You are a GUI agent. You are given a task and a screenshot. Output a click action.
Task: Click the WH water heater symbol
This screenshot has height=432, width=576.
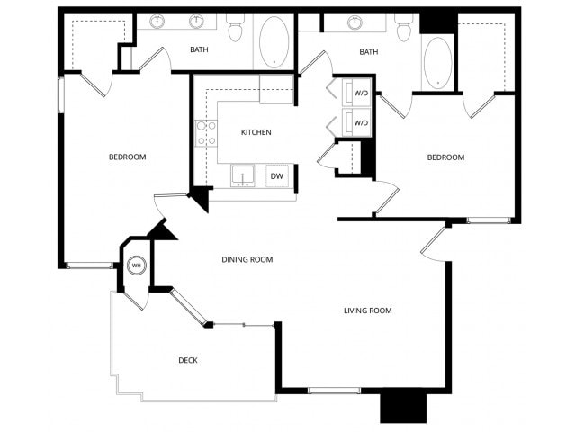tap(137, 265)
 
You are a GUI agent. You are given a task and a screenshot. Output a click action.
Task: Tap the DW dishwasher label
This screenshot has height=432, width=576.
tap(277, 176)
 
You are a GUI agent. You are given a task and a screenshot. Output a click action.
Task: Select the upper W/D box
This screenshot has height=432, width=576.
tap(360, 94)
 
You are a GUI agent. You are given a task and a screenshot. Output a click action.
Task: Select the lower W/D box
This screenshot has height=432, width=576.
tap(360, 122)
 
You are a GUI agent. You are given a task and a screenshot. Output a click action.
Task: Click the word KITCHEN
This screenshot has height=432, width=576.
tap(256, 132)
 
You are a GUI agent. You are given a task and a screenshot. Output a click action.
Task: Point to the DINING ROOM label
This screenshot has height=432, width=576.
tap(247, 260)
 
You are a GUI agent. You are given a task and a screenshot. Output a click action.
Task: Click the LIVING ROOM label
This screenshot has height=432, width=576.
tap(368, 310)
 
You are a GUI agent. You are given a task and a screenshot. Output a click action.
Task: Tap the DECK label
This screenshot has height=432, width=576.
tap(188, 361)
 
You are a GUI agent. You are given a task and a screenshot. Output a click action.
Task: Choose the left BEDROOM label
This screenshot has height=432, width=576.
tap(127, 157)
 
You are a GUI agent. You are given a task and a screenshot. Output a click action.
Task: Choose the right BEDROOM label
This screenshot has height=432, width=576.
tap(445, 157)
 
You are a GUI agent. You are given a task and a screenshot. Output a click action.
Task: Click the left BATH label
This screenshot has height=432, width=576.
tap(199, 49)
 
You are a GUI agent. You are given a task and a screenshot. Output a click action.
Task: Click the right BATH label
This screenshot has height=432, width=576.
tap(369, 52)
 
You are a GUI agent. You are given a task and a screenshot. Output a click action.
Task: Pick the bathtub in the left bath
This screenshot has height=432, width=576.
tap(274, 40)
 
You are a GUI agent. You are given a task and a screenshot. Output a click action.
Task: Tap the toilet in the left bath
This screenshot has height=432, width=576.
tap(236, 30)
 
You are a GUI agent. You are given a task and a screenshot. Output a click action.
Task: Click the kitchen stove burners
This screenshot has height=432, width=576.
tap(206, 133)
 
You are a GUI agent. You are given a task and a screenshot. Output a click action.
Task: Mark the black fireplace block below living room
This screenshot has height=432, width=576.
tap(402, 406)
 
